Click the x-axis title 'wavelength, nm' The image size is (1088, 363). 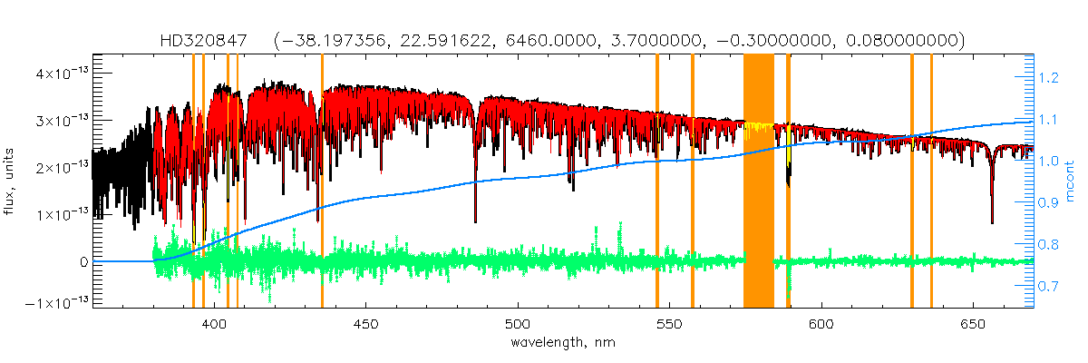(x=564, y=343)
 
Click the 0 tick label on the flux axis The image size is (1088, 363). (x=83, y=261)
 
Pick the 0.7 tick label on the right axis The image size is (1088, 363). (x=1049, y=287)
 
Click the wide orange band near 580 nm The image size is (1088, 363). (x=758, y=181)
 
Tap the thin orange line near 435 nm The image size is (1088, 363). (x=322, y=181)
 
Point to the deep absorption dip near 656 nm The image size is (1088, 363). (x=992, y=218)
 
